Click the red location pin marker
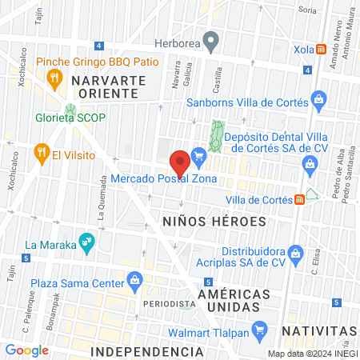[x=180, y=161]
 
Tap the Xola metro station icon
[x=320, y=48]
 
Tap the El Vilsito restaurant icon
[x=40, y=154]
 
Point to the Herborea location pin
[x=210, y=39]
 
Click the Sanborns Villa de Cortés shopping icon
[x=318, y=102]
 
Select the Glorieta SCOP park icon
[x=70, y=110]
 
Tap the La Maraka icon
[x=86, y=243]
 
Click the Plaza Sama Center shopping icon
[x=136, y=281]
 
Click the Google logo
[x=26, y=350]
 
